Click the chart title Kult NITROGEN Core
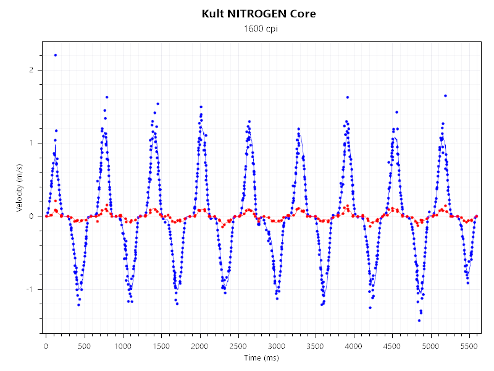coord(259,14)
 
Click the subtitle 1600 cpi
coord(259,29)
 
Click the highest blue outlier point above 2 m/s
coord(56,55)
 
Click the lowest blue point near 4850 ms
coord(419,320)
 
